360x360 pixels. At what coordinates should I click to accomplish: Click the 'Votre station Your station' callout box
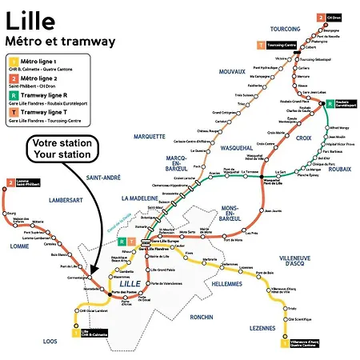pyautogui.click(x=61, y=150)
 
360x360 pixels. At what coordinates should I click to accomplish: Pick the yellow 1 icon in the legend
pyautogui.click(x=13, y=61)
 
